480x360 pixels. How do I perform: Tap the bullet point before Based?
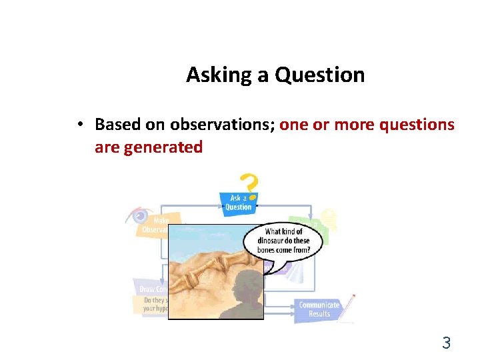[79, 125]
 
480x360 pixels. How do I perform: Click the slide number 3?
[446, 343]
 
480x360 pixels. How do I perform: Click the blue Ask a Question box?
[237, 203]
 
